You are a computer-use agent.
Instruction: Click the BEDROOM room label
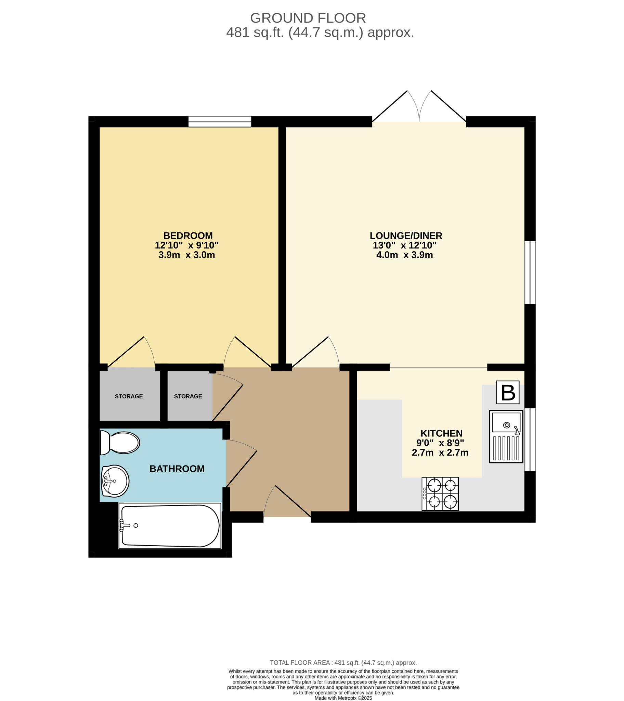click(188, 235)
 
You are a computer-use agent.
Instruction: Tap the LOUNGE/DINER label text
click(406, 235)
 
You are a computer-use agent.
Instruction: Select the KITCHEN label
click(441, 433)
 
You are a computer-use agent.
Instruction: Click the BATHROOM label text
click(177, 469)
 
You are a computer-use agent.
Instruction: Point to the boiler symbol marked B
click(507, 393)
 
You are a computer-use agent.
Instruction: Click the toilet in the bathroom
click(120, 443)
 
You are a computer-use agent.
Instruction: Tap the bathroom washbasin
click(115, 481)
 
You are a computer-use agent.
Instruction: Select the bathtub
click(170, 526)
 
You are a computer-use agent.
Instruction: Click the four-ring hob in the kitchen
click(440, 494)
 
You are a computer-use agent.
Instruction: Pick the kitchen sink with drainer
click(506, 436)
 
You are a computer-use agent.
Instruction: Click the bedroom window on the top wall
click(220, 122)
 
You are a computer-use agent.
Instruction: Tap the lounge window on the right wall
click(530, 273)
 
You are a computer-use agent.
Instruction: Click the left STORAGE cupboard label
click(129, 396)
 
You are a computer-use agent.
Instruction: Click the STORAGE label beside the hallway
click(188, 396)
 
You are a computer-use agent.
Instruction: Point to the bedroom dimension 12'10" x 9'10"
click(186, 245)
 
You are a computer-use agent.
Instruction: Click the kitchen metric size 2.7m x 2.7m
click(440, 453)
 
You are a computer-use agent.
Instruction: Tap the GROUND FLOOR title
click(308, 18)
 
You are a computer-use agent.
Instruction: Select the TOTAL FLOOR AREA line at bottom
click(343, 663)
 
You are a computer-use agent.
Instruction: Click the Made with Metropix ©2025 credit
click(343, 698)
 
